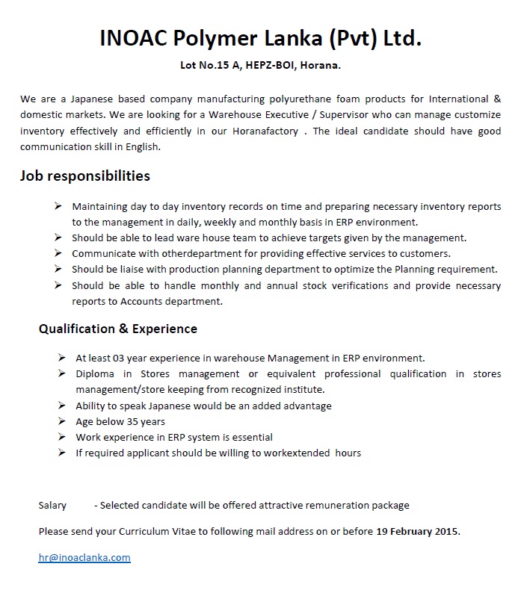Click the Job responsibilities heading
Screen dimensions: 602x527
[85, 176]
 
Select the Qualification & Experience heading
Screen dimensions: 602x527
[118, 329]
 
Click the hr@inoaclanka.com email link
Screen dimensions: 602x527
[84, 557]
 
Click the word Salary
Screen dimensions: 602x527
[52, 506]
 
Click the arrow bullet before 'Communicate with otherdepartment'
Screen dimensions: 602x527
[58, 253]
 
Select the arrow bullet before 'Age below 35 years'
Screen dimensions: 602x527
[61, 421]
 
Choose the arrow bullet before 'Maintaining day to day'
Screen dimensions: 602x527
[58, 206]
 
